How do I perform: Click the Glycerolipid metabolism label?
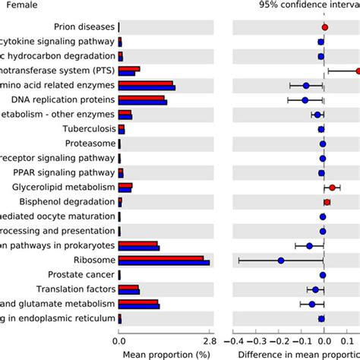(63, 187)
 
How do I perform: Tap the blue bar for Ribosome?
(164, 263)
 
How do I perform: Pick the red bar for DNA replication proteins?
(141, 97)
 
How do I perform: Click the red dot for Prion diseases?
(324, 27)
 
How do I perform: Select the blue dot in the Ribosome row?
(281, 260)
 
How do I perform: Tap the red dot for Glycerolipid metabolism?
(332, 187)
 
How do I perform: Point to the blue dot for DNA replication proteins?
(305, 100)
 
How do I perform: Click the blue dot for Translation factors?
(315, 289)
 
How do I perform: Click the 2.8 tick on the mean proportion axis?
(209, 341)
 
